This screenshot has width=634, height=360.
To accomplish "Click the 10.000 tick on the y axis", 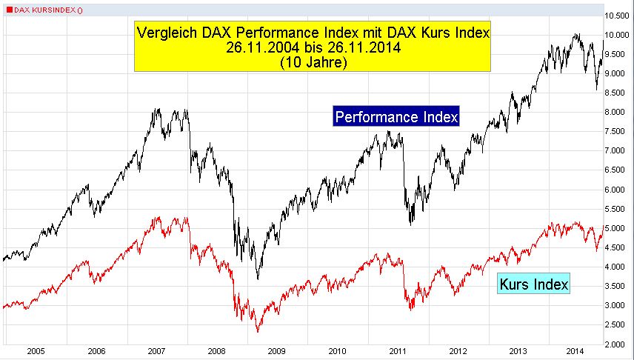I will (x=618, y=35).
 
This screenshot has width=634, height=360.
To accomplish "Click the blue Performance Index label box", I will (x=396, y=117).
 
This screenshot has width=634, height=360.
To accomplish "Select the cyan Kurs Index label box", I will (x=534, y=284).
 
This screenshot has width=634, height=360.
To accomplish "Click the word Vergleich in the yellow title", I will (x=164, y=33).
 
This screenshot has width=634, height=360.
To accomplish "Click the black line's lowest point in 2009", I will (x=257, y=279).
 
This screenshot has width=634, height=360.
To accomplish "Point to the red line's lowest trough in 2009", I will (x=257, y=331).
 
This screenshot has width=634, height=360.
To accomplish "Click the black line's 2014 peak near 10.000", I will (x=575, y=34).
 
